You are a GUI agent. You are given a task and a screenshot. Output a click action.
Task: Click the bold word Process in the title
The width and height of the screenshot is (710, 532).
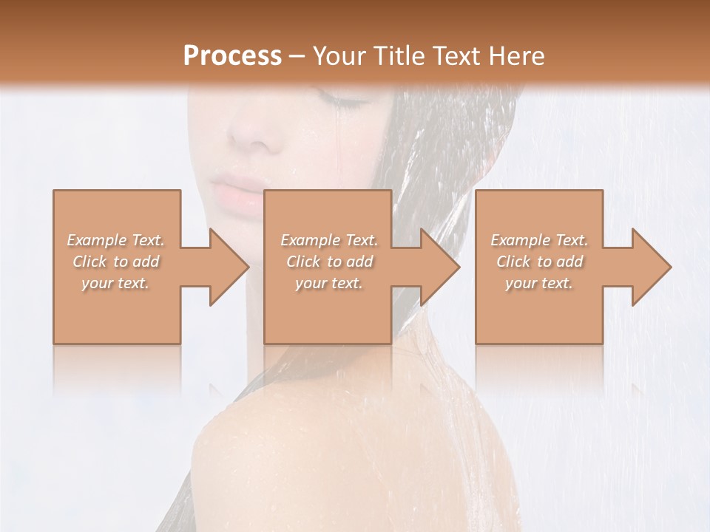click(x=232, y=55)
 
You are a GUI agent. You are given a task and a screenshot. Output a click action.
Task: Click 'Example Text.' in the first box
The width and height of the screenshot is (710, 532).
click(x=116, y=240)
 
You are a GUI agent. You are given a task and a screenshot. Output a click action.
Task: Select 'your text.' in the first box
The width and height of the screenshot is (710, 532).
click(x=116, y=283)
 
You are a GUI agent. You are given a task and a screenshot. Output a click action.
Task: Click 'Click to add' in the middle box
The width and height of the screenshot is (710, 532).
click(x=329, y=262)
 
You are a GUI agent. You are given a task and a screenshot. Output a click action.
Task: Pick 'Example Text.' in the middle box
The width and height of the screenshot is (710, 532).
click(x=329, y=240)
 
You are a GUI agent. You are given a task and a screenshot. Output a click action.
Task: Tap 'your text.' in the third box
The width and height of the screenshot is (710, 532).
click(x=539, y=283)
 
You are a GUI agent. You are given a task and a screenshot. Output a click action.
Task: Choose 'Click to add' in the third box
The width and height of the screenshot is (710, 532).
click(x=539, y=262)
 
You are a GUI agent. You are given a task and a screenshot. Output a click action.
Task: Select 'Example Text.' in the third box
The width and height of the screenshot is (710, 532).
click(x=539, y=240)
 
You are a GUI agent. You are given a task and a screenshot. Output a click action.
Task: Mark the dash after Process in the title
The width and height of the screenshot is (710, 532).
click(x=297, y=55)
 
